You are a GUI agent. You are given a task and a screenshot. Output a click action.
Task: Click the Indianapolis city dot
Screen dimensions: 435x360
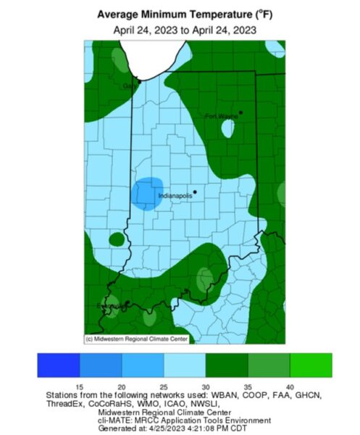[195, 191]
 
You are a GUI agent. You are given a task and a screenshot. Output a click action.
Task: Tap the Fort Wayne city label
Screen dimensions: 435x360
[220, 116]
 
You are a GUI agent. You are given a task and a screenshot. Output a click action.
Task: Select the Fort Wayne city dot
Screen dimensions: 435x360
[241, 112]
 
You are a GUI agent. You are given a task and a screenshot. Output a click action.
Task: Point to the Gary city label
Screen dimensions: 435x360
[129, 86]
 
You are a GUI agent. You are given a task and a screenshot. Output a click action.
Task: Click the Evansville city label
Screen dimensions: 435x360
[110, 306]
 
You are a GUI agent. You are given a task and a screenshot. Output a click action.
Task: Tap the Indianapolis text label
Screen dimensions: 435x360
[175, 195]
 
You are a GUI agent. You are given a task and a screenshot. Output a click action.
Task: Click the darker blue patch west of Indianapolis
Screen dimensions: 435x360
[147, 193]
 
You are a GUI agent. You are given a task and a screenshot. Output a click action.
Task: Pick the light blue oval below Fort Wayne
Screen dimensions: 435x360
[228, 129]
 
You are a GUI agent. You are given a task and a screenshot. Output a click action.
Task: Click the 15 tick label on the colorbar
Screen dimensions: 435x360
[80, 387]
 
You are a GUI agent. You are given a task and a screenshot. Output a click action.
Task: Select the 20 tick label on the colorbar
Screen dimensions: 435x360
[122, 387]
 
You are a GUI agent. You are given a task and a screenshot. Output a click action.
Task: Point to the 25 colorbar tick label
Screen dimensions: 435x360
[164, 387]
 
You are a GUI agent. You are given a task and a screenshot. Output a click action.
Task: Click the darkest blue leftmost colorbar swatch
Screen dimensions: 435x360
[59, 365]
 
